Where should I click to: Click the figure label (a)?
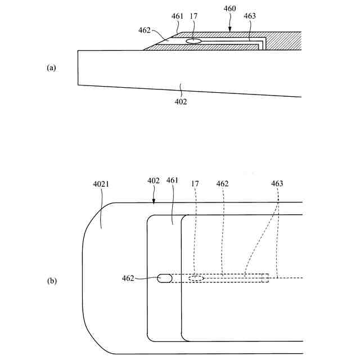[51, 67]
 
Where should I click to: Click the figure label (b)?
[51, 280]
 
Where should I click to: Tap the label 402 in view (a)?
[181, 102]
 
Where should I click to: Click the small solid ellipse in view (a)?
[193, 40]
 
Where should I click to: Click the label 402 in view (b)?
[154, 181]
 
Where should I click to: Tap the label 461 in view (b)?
[173, 181]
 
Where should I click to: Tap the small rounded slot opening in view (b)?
[165, 278]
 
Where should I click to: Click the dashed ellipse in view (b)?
[196, 278]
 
